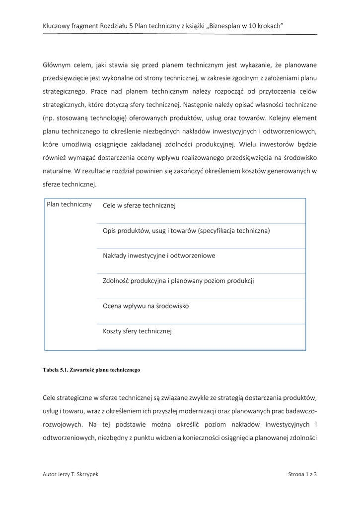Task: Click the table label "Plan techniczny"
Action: coord(69,204)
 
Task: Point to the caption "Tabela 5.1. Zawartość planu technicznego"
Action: coord(91,370)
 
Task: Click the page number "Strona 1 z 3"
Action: coord(302,474)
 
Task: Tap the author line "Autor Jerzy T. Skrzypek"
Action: coord(71,474)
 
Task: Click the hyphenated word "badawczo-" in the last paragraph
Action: coord(301,411)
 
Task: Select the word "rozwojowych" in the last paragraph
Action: coord(63,425)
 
